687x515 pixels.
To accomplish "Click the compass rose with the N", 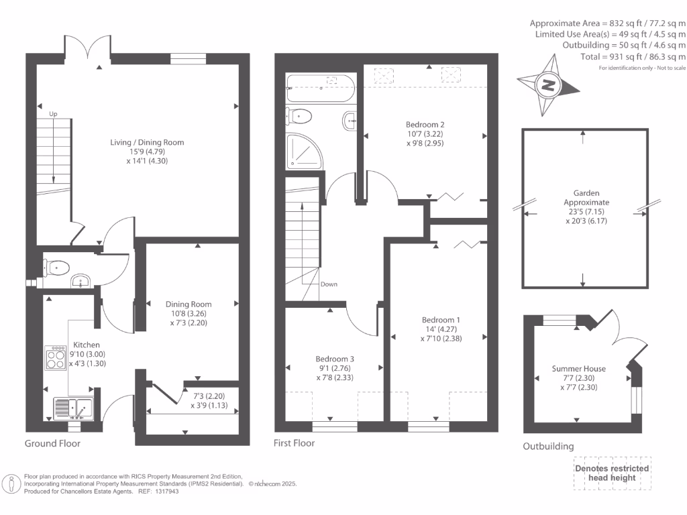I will [549, 84].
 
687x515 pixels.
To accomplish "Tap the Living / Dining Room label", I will [147, 142].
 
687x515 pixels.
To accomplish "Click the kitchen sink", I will [74, 406].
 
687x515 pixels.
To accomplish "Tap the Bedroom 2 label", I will [425, 125].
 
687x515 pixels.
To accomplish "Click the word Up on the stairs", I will [52, 115].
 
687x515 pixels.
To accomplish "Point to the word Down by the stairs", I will [329, 284].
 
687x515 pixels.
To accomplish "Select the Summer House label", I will [578, 369].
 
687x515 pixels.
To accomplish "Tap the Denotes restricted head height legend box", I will [611, 473].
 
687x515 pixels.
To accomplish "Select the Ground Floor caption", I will [52, 443].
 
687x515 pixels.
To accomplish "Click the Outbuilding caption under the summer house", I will [548, 447].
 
